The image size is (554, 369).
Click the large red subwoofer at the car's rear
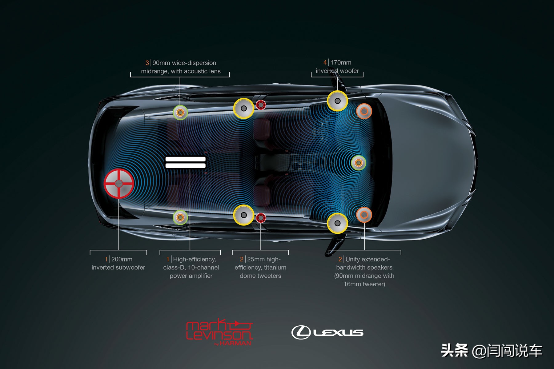[119, 184]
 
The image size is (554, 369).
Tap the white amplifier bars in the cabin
[185, 162]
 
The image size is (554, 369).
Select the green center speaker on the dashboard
[358, 163]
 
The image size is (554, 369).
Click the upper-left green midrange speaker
[180, 113]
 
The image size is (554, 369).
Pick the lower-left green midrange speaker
[180, 217]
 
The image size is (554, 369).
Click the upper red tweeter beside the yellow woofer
[261, 105]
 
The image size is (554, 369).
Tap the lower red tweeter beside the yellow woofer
[261, 218]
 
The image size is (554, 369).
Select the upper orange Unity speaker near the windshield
[364, 111]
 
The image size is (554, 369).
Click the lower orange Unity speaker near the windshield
[364, 215]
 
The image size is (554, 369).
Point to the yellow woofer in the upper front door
[337, 101]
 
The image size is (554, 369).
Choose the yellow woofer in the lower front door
[337, 223]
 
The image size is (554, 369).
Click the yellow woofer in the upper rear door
[243, 108]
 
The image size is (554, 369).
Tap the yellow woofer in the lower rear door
[243, 215]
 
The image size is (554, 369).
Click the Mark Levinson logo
[219, 331]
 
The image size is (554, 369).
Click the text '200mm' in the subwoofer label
[122, 259]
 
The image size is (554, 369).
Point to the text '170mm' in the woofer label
[341, 62]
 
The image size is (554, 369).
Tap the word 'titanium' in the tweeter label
[275, 268]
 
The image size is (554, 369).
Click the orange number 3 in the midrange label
[147, 63]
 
